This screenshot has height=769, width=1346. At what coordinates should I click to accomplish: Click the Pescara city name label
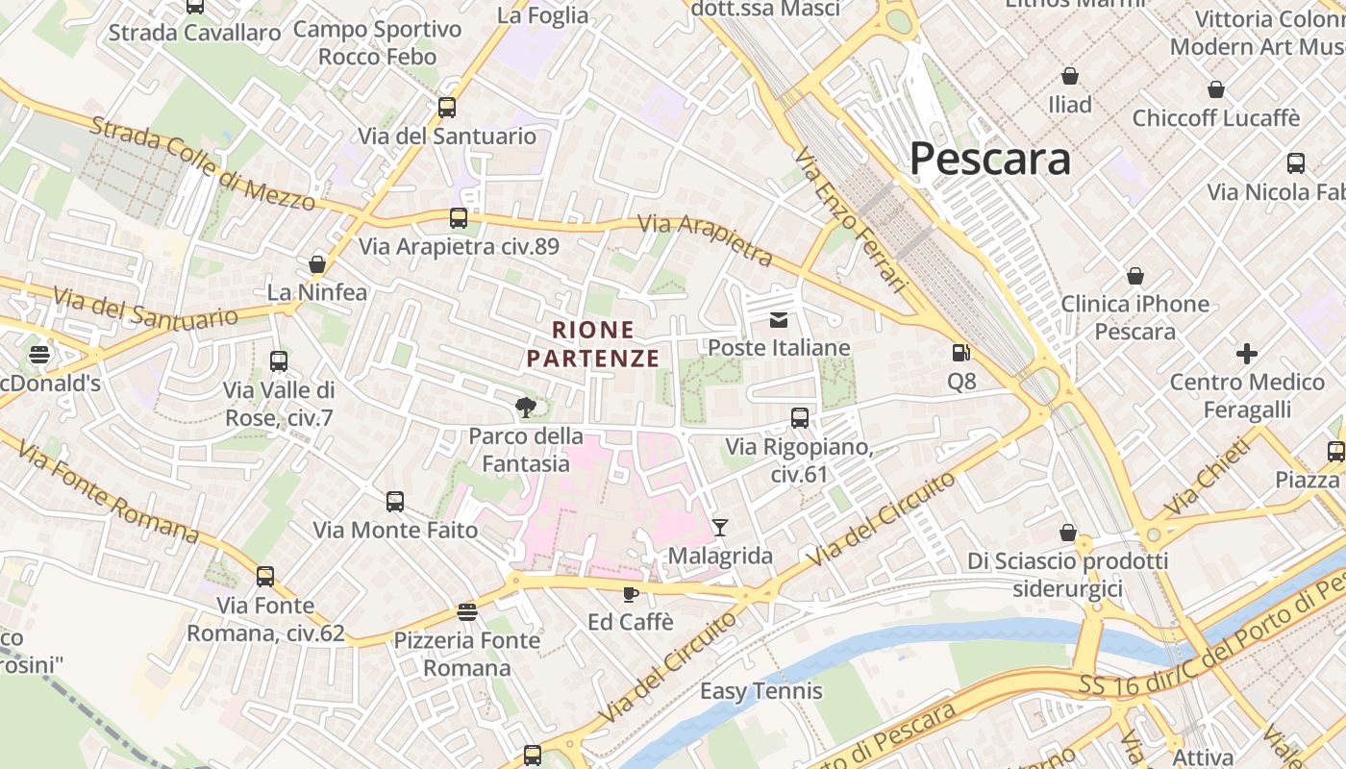point(989,159)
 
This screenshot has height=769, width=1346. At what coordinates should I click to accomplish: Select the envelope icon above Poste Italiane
point(779,320)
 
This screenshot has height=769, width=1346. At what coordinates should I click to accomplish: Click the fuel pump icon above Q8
point(960,353)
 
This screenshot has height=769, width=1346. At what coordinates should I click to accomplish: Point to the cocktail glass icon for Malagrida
point(720,527)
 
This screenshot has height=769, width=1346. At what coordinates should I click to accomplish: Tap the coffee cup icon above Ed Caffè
point(630,594)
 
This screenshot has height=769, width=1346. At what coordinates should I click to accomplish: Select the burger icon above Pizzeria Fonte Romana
point(467,612)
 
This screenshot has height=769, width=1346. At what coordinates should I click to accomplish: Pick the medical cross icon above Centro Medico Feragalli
point(1247,354)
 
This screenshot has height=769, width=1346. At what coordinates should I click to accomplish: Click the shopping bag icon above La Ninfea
point(317,264)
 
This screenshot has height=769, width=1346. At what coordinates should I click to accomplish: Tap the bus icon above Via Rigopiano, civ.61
point(799,418)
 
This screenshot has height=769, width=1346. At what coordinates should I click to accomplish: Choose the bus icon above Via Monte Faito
point(395,501)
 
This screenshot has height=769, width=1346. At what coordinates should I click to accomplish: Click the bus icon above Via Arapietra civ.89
point(459,218)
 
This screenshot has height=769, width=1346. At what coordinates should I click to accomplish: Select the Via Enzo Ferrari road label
point(852,220)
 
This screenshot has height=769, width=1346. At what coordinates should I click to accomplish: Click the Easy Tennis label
point(760,691)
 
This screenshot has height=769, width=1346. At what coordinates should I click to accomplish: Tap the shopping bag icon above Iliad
point(1070,76)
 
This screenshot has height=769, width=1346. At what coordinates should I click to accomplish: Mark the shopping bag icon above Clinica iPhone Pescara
point(1135,277)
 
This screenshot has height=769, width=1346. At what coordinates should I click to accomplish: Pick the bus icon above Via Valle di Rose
point(279,361)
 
